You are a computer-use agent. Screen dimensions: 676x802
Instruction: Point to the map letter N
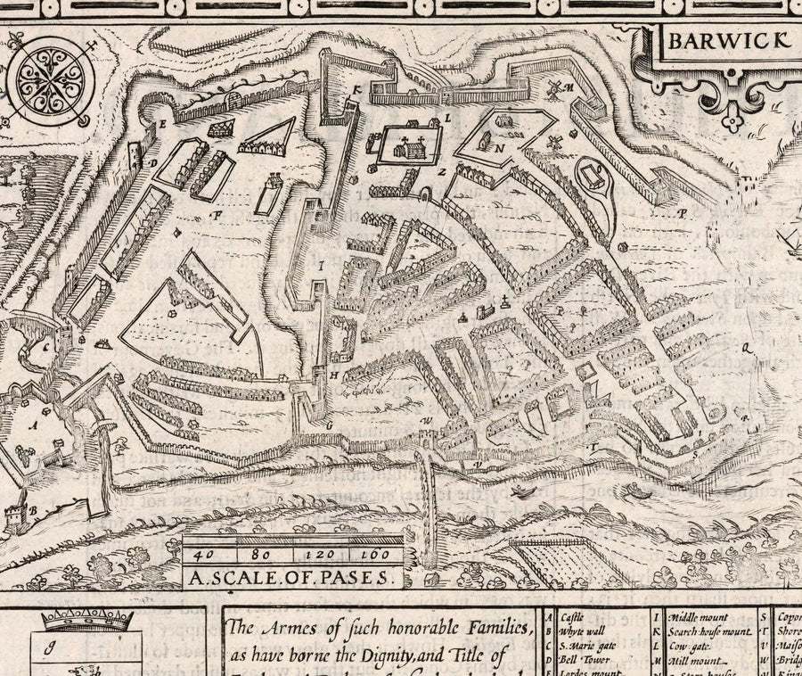[500, 148]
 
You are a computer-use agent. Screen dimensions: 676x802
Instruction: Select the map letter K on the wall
[354, 89]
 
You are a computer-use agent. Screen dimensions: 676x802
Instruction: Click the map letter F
[215, 215]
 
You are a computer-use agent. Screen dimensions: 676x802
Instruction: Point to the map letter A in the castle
[33, 426]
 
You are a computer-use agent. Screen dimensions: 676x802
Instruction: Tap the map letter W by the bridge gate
[428, 420]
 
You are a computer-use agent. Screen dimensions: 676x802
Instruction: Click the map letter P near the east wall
[682, 213]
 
